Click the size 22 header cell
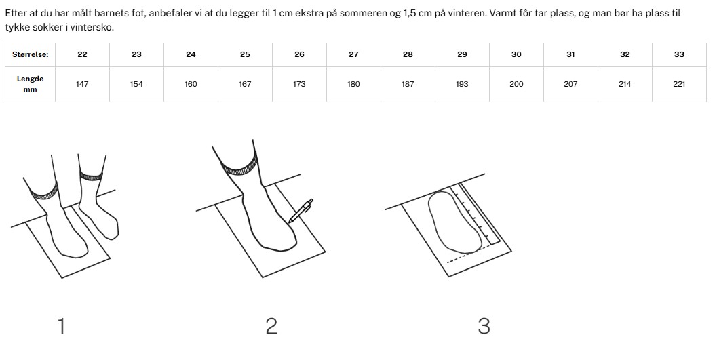82,55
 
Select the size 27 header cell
353,55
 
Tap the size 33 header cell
679,55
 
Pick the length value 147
82,84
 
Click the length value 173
300,84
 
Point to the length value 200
516,84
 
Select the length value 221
679,84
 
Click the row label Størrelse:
30,55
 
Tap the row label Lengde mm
30,84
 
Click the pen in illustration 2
301,211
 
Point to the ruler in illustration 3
476,214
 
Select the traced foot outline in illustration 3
455,222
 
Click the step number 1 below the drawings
61,326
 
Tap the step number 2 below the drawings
271,326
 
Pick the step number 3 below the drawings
484,326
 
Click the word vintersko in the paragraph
94,27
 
